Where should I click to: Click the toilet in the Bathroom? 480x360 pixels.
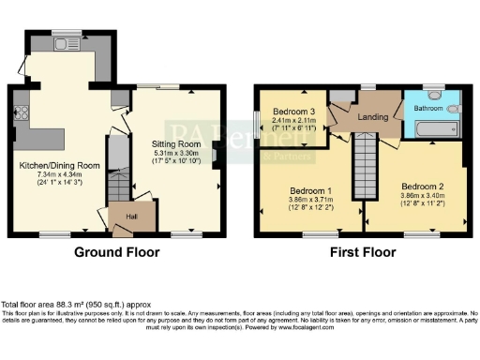454,109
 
